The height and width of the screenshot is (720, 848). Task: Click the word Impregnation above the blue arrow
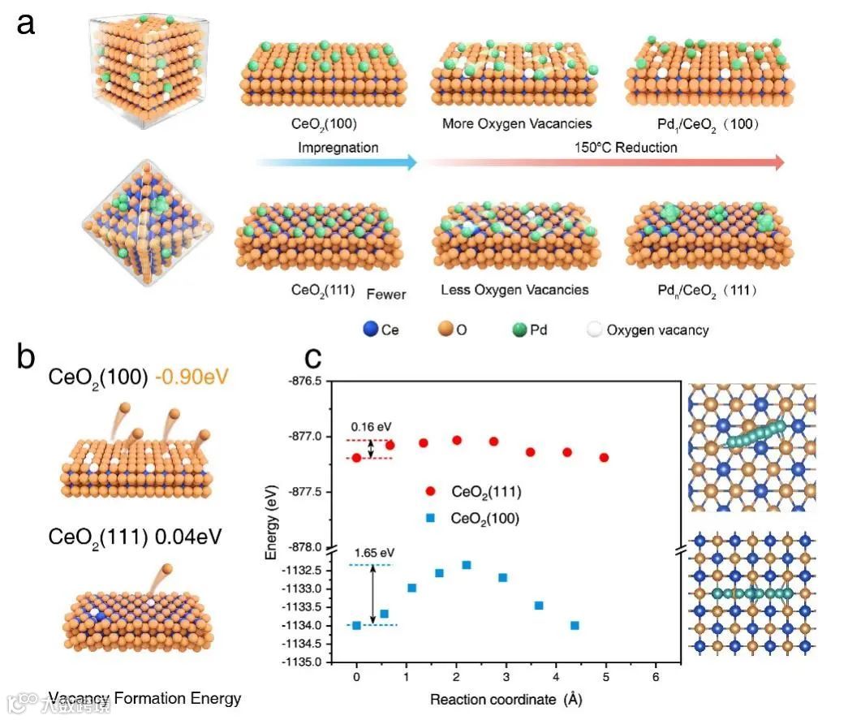click(x=338, y=148)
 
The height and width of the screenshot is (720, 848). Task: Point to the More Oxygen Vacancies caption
click(x=517, y=124)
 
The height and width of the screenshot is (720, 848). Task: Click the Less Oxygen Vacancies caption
click(x=514, y=290)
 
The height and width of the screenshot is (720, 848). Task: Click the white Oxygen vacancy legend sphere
click(x=595, y=330)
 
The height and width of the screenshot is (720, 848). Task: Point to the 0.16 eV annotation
click(x=370, y=425)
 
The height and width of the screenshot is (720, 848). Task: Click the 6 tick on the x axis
click(x=656, y=676)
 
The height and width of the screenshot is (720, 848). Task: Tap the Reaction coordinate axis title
click(x=506, y=699)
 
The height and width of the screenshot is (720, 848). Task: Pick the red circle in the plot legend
click(x=431, y=491)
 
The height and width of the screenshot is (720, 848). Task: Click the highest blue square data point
click(x=467, y=565)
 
